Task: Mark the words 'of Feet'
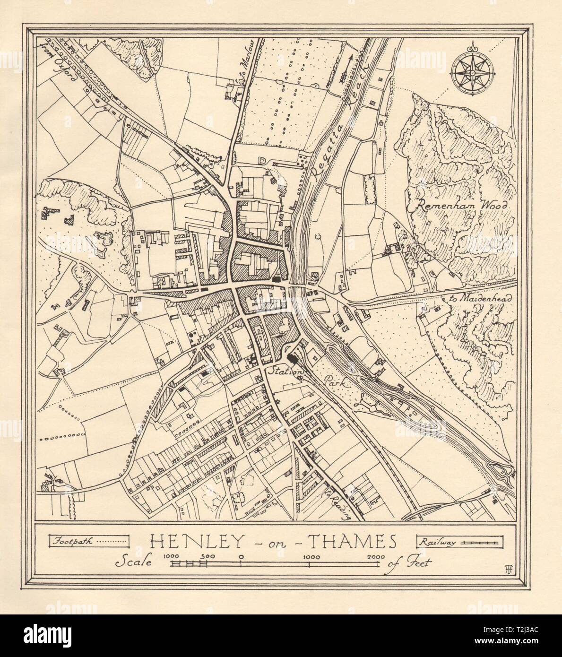point(406,563)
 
